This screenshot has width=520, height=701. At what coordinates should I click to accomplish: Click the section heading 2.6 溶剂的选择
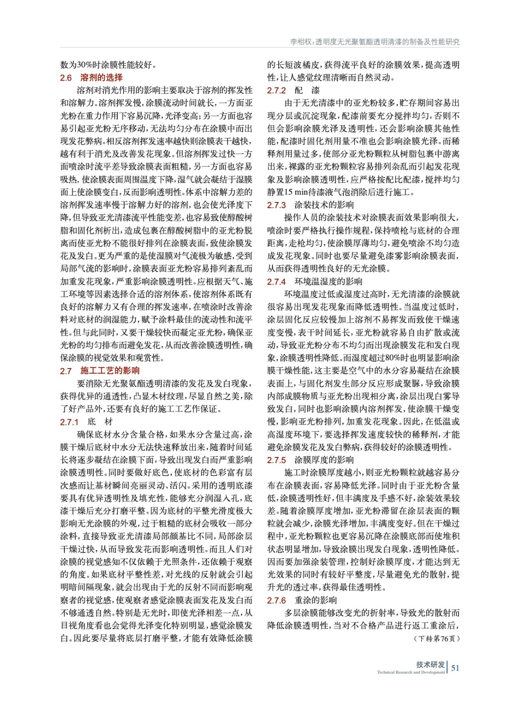(x=91, y=78)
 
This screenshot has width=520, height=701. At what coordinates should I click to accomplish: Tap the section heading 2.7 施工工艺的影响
(x=99, y=371)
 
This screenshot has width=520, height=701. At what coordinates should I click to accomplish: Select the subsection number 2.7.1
(x=69, y=422)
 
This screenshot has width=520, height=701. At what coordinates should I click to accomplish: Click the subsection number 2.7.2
(x=276, y=90)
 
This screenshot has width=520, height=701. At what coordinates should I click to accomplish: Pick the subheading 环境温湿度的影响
(x=328, y=282)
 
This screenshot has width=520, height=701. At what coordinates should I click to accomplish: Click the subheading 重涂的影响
(x=315, y=600)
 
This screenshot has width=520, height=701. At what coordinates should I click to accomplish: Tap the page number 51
(x=455, y=668)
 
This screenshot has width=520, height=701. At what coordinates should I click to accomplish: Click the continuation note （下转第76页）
(x=436, y=638)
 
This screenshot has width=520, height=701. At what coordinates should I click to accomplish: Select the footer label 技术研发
(x=430, y=664)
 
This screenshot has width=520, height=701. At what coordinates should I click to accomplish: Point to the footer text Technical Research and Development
(x=410, y=672)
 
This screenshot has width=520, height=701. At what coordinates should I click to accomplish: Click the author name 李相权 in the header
(x=301, y=42)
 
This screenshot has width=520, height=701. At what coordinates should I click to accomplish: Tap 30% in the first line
(x=85, y=65)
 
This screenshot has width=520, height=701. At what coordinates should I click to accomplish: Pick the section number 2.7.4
(x=276, y=282)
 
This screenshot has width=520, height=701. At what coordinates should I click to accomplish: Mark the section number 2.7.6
(x=276, y=600)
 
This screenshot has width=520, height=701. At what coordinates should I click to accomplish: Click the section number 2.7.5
(x=276, y=460)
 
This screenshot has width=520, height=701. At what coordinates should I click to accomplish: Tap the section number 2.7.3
(x=276, y=205)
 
